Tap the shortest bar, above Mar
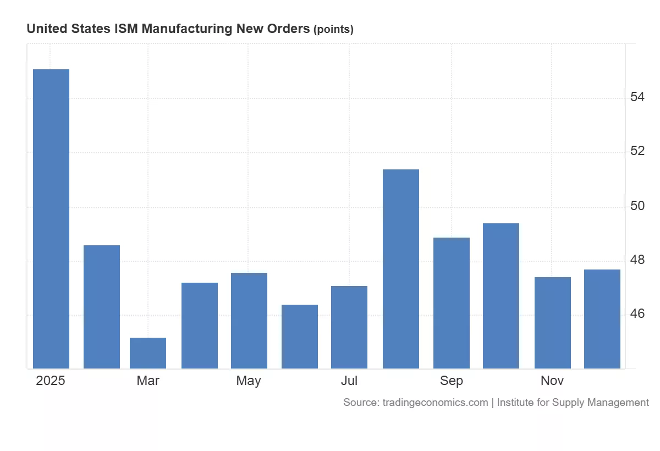coord(148,353)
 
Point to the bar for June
coord(300,337)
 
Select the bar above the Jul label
coord(349,327)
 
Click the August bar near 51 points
coord(401,269)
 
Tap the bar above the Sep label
coord(452,303)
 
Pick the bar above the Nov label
coord(553,323)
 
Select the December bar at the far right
coord(602,319)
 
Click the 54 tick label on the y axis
coord(637,97)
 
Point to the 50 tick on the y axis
coord(637,206)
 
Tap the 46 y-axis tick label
coord(637,314)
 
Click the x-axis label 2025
coord(51,381)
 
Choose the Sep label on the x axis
coord(452,381)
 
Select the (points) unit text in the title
coord(333,30)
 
